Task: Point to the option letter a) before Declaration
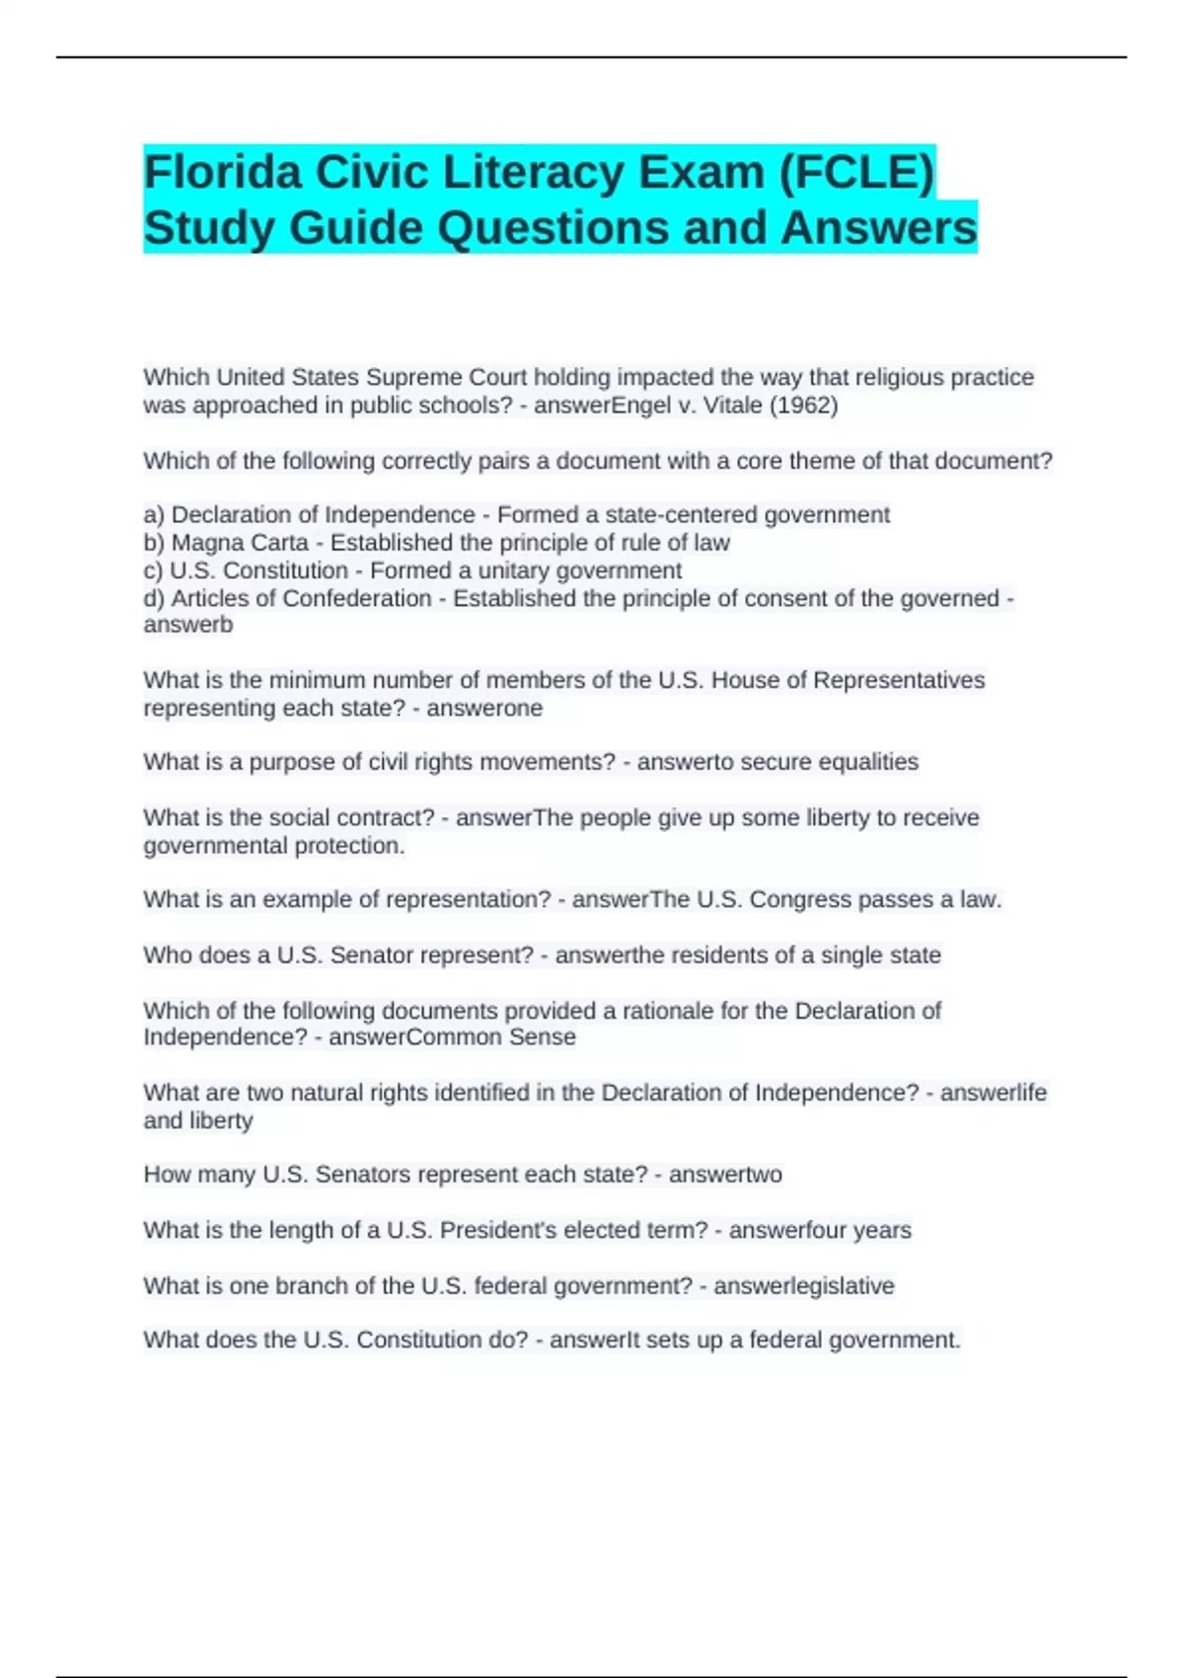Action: pos(154,515)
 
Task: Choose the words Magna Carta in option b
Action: pos(240,543)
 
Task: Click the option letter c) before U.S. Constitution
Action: pos(154,571)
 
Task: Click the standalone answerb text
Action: pos(188,625)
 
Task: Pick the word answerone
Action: pos(484,708)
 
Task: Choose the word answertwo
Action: pos(725,1175)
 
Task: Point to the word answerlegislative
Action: pos(803,1286)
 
